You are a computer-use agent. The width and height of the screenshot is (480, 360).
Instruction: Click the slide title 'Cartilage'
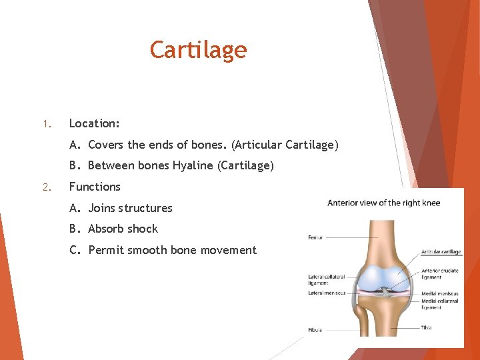coord(198,50)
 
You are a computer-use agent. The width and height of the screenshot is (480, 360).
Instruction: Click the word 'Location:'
coord(95,123)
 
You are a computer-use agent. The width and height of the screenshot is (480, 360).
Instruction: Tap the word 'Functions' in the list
coord(95,187)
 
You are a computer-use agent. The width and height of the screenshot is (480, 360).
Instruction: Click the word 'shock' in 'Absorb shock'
coord(142,229)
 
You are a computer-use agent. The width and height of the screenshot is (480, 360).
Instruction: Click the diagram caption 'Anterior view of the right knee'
coord(383,203)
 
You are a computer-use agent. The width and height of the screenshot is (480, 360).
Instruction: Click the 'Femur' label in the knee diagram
coord(315,237)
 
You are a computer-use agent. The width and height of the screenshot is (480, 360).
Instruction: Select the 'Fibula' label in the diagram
coord(315,329)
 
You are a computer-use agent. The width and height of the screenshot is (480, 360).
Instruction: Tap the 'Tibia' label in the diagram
coord(427,327)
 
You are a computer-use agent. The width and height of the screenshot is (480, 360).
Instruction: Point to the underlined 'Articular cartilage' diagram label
coord(441,252)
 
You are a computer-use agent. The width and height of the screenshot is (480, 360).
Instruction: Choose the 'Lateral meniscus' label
coord(327,293)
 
